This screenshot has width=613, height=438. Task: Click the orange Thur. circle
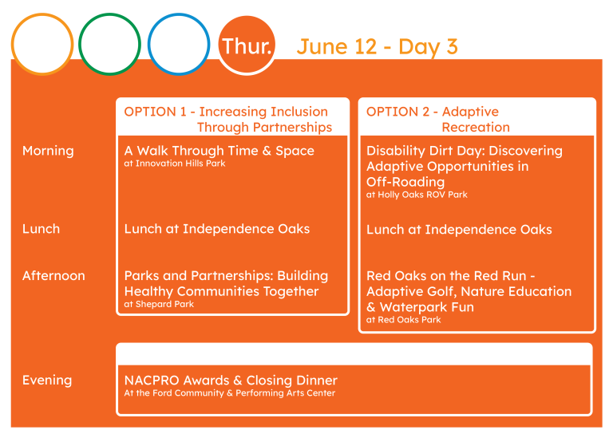coord(247,45)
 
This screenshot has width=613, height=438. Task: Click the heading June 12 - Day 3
coord(377,47)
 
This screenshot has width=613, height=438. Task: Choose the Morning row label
coord(48,151)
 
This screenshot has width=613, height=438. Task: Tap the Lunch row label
coord(41,228)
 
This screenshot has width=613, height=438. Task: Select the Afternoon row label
coord(53,275)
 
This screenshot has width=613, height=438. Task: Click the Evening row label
coord(47,381)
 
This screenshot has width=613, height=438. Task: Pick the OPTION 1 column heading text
coord(228,119)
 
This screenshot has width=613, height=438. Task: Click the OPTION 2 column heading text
coord(438,119)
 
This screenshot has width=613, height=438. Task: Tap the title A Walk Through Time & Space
coord(219,151)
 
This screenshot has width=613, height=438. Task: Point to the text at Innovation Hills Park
coord(175,164)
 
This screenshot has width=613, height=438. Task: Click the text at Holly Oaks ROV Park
coord(417,195)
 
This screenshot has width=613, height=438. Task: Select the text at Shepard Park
coord(159,304)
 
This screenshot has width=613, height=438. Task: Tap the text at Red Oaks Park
coord(403,320)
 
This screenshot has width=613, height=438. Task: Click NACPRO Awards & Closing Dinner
coord(231,381)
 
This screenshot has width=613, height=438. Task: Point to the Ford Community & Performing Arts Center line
coord(230,393)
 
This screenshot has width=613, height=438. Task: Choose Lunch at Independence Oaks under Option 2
coord(459,229)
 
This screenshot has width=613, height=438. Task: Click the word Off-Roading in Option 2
coord(405,182)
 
